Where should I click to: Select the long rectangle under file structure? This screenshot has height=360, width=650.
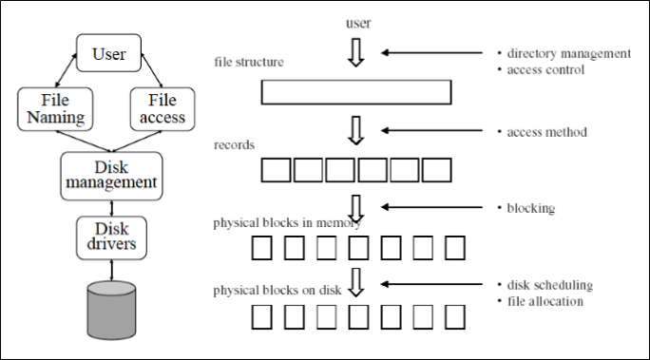click(355, 92)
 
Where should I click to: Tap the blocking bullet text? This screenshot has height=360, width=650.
click(531, 207)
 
